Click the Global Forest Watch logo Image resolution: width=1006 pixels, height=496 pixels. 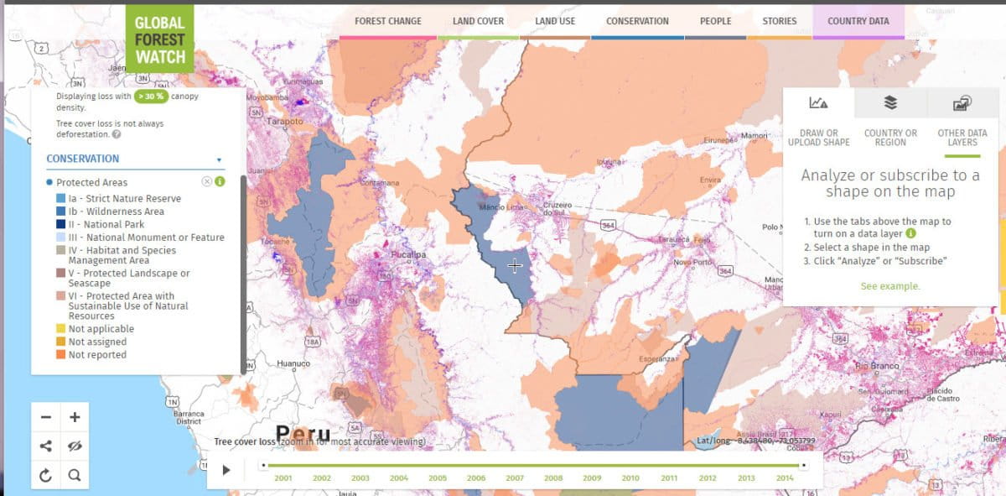(x=159, y=39)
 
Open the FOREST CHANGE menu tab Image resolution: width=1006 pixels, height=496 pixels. (x=388, y=21)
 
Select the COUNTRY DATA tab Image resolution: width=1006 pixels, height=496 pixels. (x=858, y=21)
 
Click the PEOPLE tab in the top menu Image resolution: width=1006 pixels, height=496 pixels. (x=715, y=21)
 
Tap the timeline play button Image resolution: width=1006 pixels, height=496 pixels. (x=226, y=470)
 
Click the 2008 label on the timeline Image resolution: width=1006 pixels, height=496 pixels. (x=553, y=478)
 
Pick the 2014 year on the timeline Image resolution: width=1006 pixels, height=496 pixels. (x=785, y=478)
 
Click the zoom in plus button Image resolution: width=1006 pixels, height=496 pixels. (x=75, y=417)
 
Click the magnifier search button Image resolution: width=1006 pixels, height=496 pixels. (x=75, y=475)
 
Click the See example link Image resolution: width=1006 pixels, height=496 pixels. (x=889, y=286)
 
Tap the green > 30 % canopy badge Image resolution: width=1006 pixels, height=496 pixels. (x=152, y=97)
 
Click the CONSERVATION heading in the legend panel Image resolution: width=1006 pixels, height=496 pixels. (x=82, y=159)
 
